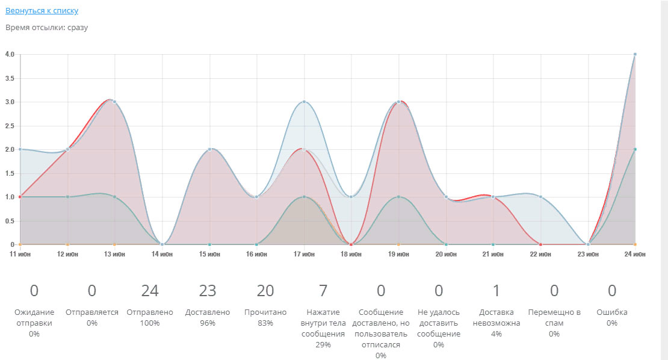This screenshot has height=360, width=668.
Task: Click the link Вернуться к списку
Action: pyautogui.click(x=42, y=10)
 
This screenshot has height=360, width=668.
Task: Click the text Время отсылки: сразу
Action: pyautogui.click(x=46, y=28)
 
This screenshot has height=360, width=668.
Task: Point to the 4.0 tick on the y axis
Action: pyautogui.click(x=10, y=54)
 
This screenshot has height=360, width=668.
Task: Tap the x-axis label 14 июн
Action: pyautogui.click(x=162, y=255)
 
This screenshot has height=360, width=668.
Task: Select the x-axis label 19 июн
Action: pyautogui.click(x=398, y=255)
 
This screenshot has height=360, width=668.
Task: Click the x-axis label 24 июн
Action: pyautogui.click(x=634, y=255)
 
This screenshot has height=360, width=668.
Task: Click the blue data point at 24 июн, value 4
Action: pyautogui.click(x=635, y=54)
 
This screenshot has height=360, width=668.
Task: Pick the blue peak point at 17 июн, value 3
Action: pyautogui.click(x=304, y=102)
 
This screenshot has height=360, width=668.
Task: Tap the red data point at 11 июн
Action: pyautogui.click(x=20, y=197)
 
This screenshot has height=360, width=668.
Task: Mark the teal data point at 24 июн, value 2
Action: pyautogui.click(x=635, y=149)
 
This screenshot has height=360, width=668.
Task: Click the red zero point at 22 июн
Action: pyautogui.click(x=540, y=244)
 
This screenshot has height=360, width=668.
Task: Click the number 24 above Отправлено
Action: pyautogui.click(x=150, y=291)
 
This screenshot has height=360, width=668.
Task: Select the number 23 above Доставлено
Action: pyautogui.click(x=208, y=291)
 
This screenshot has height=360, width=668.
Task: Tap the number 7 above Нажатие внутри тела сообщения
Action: pyautogui.click(x=323, y=291)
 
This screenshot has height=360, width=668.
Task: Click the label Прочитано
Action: pyautogui.click(x=265, y=312)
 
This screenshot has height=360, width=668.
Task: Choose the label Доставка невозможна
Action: pyautogui.click(x=496, y=318)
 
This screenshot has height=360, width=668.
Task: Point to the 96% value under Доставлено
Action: pyautogui.click(x=208, y=323)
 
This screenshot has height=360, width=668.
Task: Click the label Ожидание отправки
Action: pyautogui.click(x=34, y=318)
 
